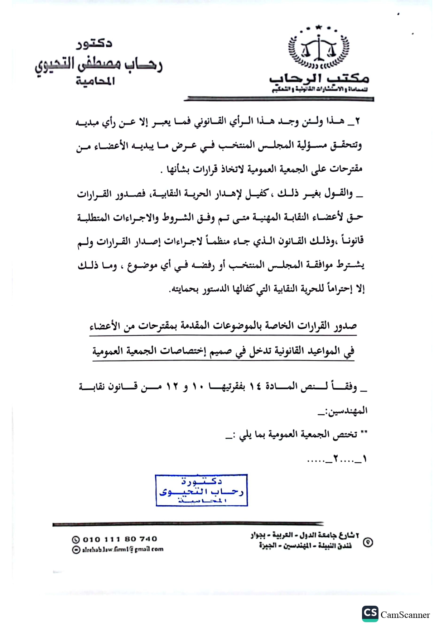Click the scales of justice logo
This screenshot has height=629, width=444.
(x=319, y=48)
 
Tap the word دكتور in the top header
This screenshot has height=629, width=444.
(x=94, y=44)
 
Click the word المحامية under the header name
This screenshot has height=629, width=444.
(x=95, y=81)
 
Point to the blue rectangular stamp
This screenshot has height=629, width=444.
(x=202, y=490)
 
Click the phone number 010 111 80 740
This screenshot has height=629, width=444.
(x=120, y=539)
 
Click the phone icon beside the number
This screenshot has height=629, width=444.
(x=76, y=539)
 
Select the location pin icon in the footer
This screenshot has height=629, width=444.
(x=368, y=542)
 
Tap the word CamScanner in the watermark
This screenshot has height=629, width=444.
(x=405, y=615)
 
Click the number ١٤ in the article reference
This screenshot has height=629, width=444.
(x=255, y=387)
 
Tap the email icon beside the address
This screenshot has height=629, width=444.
(x=76, y=549)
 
